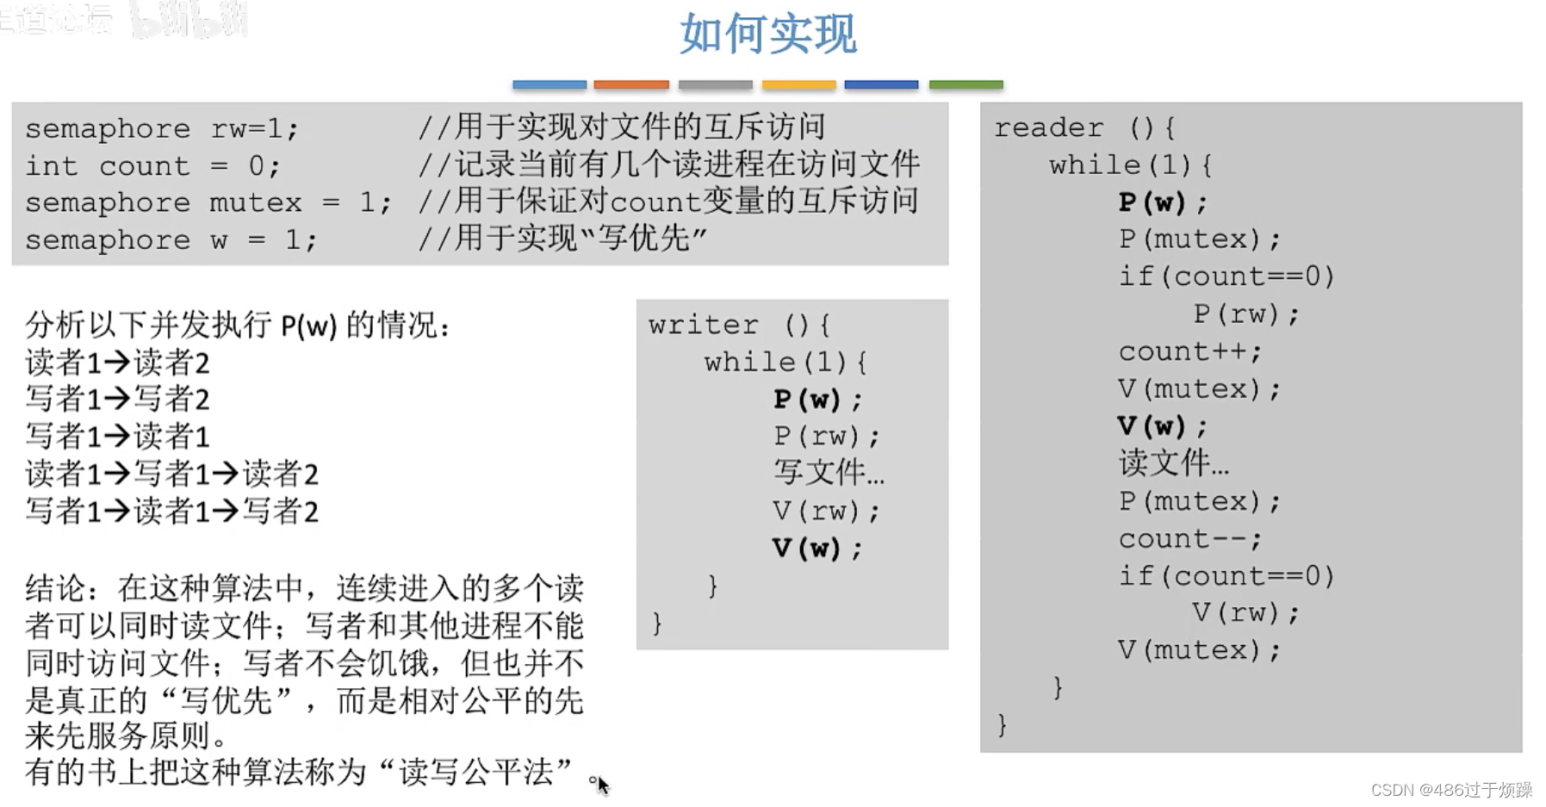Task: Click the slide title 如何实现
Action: [767, 34]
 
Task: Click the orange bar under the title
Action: [631, 84]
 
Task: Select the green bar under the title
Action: [965, 84]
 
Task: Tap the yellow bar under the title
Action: [798, 84]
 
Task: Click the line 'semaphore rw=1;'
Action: [162, 129]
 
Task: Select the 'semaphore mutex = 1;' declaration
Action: [208, 203]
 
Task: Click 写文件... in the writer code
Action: [829, 472]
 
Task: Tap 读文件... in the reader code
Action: [1173, 463]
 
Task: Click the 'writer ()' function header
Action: [739, 325]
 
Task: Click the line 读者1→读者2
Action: [118, 363]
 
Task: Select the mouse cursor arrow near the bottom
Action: [602, 785]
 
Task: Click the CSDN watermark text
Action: [1451, 790]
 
